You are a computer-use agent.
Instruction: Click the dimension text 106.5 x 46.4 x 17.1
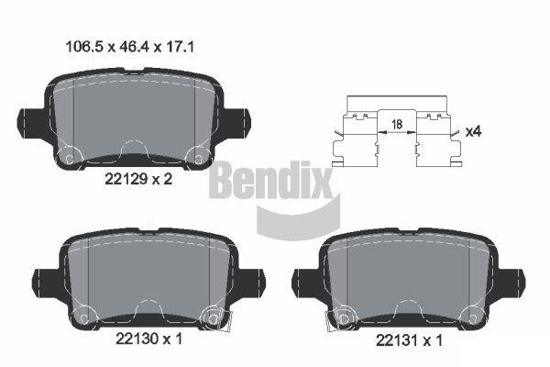tap(130, 47)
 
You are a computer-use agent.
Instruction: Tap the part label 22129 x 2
tap(138, 179)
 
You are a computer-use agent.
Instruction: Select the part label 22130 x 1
tap(149, 339)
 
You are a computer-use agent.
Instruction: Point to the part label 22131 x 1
tap(409, 340)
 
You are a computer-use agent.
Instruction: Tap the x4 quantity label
tap(473, 132)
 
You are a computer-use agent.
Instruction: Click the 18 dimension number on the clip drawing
tap(397, 124)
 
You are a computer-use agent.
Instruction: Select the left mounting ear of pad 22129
tap(31, 123)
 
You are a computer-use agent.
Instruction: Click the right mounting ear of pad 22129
tap(236, 123)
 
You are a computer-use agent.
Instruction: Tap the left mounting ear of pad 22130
tap(46, 283)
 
